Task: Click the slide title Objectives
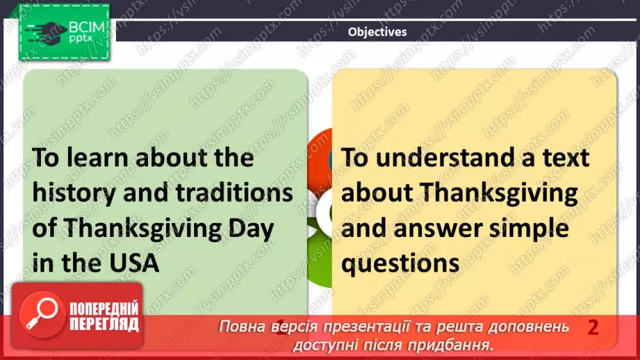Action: [377, 31]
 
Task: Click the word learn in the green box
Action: [92, 158]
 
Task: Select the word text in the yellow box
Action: [563, 158]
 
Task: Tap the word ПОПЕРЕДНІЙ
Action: [103, 309]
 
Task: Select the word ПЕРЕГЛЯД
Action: [103, 324]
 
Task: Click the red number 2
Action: [593, 327]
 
